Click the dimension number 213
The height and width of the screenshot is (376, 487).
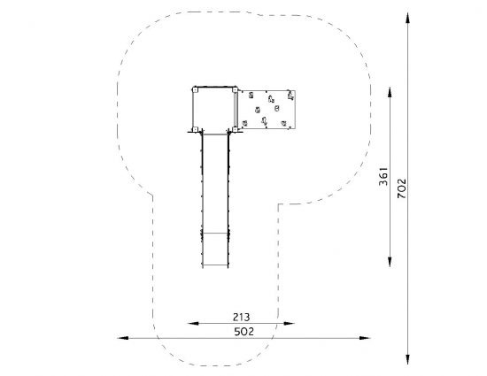click(x=242, y=317)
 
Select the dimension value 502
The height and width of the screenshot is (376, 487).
click(x=243, y=332)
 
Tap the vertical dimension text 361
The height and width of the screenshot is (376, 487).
click(x=383, y=177)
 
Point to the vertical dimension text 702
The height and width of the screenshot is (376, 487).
click(x=402, y=188)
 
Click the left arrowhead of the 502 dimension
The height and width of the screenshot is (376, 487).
click(x=123, y=338)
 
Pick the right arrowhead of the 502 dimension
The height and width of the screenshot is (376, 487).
click(x=365, y=338)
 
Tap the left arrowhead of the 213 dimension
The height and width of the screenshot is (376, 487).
click(x=193, y=323)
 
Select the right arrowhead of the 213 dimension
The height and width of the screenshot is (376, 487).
click(x=290, y=323)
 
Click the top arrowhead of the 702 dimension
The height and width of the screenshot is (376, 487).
click(x=408, y=18)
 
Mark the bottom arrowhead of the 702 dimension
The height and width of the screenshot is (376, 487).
click(x=408, y=358)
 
